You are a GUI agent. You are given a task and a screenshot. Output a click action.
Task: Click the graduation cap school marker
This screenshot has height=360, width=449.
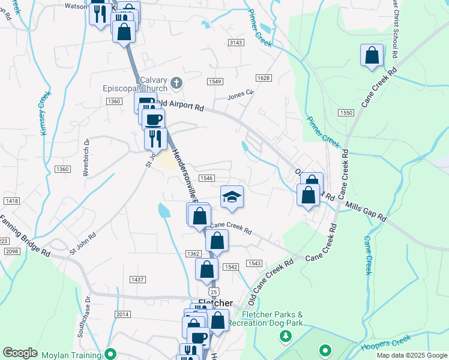pos(231,197)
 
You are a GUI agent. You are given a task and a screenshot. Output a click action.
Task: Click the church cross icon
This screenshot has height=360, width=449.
pos(176,82)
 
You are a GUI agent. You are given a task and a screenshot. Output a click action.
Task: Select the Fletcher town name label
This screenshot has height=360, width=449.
pos(215,303)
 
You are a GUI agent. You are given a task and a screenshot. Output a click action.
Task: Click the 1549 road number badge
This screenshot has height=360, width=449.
pos(215,81)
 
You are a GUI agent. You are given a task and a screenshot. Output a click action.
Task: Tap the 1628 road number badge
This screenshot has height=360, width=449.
pos(263,78)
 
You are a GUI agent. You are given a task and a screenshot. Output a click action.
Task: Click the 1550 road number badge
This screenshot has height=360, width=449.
pos(345,113)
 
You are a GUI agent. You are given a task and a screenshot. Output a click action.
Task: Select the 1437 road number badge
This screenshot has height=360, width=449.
pos(138,280)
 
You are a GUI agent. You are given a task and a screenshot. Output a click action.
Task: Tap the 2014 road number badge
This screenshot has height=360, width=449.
pos(122,314)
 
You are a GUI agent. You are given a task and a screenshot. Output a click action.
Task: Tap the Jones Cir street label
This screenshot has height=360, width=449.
pos(241,95)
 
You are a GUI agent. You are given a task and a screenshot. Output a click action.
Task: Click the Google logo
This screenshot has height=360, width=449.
pos(20,353)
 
